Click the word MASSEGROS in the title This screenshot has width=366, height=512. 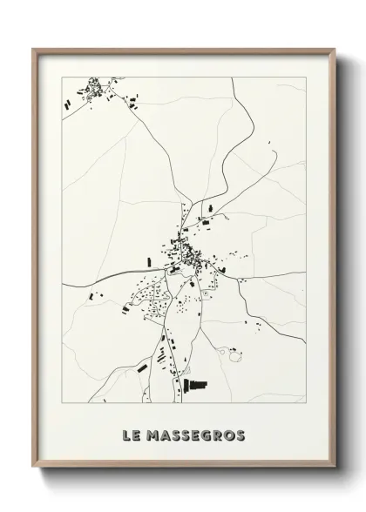coord(196,435)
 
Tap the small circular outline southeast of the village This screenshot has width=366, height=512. coord(233,353)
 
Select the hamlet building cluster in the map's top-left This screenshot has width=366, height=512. coord(91,87)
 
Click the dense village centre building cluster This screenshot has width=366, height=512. coord(186,255)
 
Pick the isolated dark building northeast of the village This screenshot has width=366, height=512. coord(207,224)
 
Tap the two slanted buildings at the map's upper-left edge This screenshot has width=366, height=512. coord(67,104)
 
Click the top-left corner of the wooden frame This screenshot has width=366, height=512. coord(34,49)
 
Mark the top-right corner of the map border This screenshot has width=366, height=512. coord(306,77)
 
